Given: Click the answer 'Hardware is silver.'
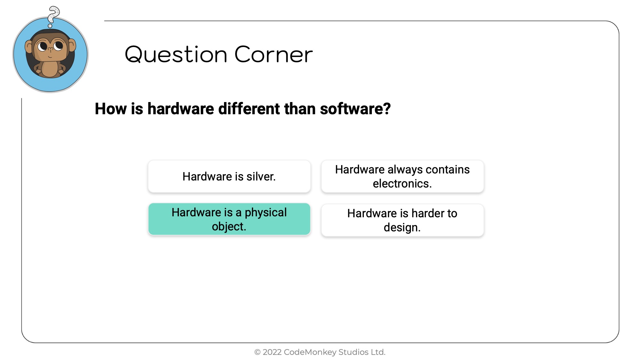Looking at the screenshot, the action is (x=229, y=176).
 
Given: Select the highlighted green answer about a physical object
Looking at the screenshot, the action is (x=229, y=219).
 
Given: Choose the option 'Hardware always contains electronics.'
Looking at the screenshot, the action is (x=403, y=176).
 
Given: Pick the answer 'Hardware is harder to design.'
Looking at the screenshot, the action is (x=403, y=220).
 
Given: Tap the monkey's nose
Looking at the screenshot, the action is (x=50, y=49).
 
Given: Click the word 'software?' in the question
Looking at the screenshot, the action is (x=355, y=109).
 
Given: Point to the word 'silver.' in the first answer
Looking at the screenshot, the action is (x=261, y=176).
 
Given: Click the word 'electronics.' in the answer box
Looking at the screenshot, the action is (x=402, y=184).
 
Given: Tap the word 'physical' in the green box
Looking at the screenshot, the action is (x=266, y=213).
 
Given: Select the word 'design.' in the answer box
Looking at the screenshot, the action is (x=402, y=228).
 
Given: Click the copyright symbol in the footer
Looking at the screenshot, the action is (x=257, y=352).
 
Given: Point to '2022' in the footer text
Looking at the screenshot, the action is (x=272, y=352).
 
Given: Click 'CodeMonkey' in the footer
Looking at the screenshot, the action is (x=310, y=352).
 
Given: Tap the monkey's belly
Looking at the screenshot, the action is (x=50, y=68).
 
